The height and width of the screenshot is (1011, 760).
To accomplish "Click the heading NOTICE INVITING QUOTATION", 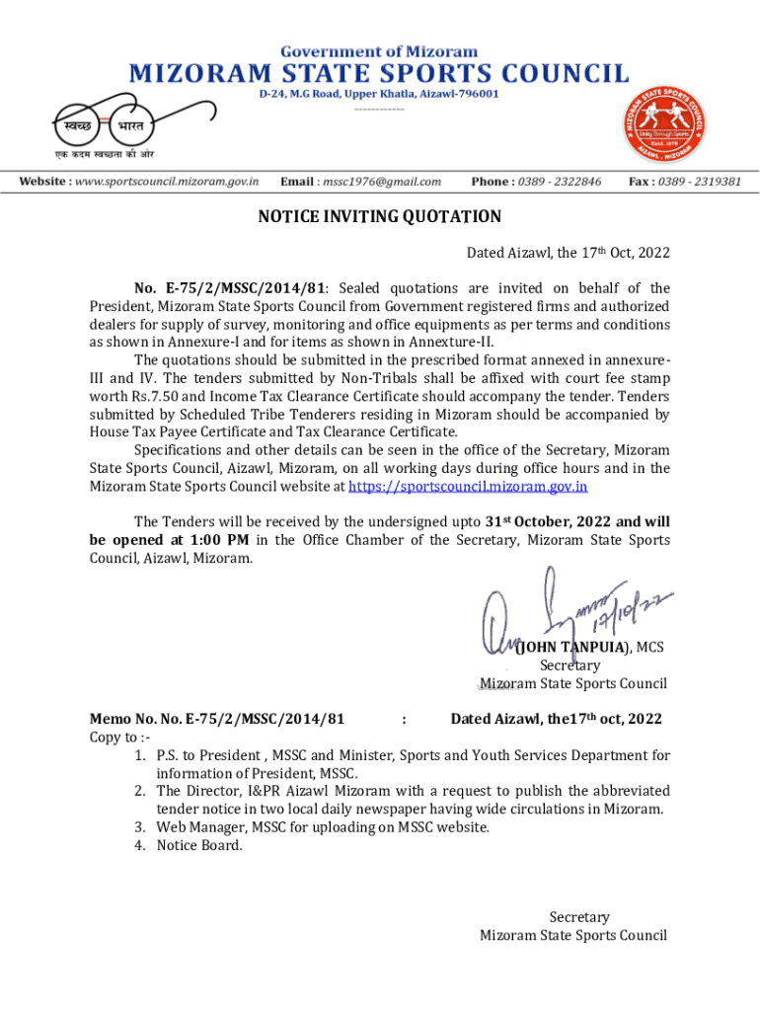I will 379,217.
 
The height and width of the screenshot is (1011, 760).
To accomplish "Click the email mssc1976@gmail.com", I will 374,182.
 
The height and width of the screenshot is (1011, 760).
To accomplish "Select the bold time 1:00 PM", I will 216,540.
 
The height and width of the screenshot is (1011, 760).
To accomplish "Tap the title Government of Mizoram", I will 379,50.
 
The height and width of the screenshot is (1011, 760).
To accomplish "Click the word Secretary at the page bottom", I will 579,917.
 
